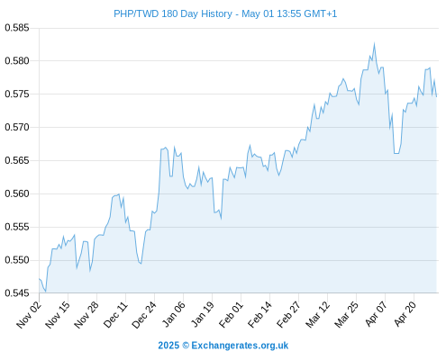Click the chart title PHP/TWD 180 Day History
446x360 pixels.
pos(173,13)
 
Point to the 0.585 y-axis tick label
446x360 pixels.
pos(17,28)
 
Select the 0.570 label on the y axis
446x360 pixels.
pos(17,127)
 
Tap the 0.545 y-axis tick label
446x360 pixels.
pos(17,293)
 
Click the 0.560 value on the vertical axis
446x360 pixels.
pos(17,193)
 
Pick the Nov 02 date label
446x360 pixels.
pos(29,315)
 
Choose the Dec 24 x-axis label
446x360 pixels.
pos(144,315)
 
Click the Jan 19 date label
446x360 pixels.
pos(203,315)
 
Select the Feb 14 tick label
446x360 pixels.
pos(260,315)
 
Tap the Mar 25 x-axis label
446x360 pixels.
pos(347,315)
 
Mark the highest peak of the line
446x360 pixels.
pos(374,44)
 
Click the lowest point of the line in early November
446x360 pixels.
pos(45,292)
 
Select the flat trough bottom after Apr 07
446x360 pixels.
pos(396,153)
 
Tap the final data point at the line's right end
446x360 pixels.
pos(436,96)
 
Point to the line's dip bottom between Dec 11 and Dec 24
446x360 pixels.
pos(141,264)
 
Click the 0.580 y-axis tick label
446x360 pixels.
pos(17,61)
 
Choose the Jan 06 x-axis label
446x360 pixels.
pos(174,315)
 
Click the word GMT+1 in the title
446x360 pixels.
pos(321,13)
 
